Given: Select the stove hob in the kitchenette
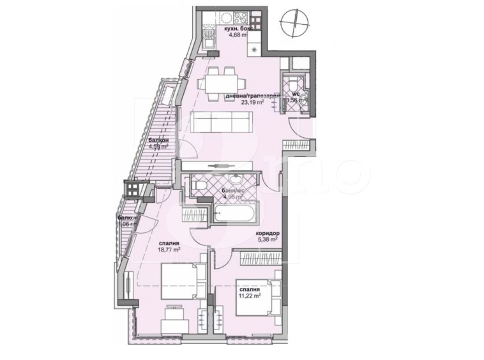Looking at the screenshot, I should click(x=241, y=19).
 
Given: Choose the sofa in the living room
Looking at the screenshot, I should click(x=221, y=121).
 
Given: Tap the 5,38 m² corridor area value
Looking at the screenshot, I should click(x=267, y=241).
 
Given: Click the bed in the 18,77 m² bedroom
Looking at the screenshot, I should click(x=183, y=281).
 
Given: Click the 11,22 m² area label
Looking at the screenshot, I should click(x=249, y=296).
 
